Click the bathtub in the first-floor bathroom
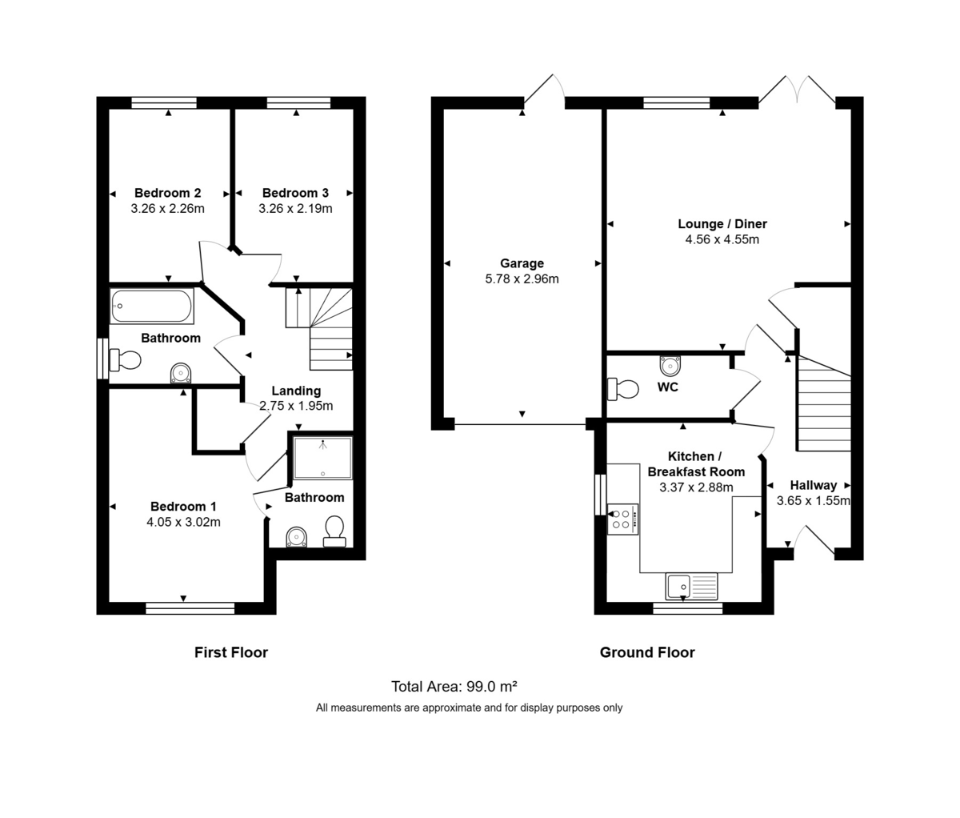[151, 306]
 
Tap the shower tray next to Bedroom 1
[322, 458]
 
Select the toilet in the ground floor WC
[623, 389]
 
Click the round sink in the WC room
[670, 366]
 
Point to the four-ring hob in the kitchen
[622, 519]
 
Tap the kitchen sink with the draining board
[692, 587]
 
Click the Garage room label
[522, 263]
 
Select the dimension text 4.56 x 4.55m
[722, 239]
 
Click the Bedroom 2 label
[167, 193]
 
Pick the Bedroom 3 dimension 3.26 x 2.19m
[295, 209]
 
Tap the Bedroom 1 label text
[183, 507]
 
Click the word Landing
[296, 391]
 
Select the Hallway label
[813, 485]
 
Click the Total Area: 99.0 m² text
[454, 687]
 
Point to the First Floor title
[231, 652]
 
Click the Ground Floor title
[647, 652]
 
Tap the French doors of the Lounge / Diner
[797, 90]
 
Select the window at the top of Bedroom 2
[164, 102]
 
